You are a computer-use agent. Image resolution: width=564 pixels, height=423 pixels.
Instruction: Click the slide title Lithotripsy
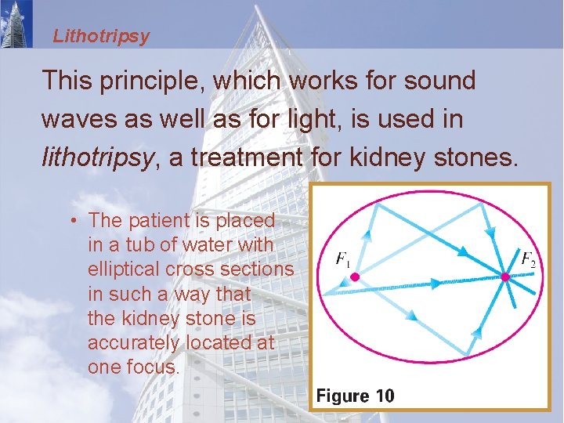[x=101, y=36]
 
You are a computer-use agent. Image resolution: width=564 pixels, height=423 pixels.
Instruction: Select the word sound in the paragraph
[x=439, y=80]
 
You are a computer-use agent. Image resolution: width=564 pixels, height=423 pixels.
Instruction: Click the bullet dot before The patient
[x=71, y=221]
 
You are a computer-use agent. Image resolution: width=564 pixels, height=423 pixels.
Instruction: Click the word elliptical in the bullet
[x=126, y=269]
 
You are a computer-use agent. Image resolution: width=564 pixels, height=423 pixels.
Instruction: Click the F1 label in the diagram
[x=343, y=258]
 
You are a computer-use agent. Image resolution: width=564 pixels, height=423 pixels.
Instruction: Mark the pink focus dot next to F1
[x=354, y=277]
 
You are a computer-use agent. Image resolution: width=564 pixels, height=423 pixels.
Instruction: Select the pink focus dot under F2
[x=505, y=277]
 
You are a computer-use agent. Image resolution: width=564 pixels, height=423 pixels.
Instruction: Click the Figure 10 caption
[x=355, y=396]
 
